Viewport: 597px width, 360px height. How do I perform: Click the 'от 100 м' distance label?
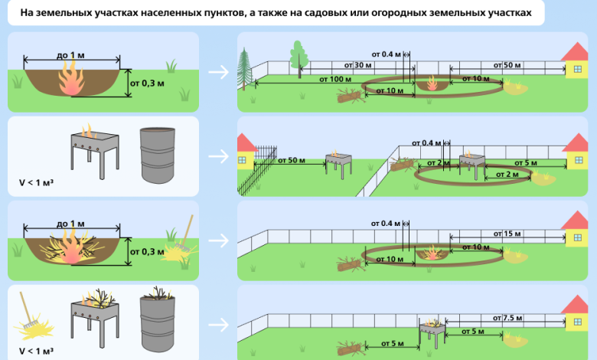click(x=335, y=79)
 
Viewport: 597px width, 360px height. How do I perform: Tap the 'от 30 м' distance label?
click(x=357, y=65)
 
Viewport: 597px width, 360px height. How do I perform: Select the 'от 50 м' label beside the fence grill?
click(x=292, y=160)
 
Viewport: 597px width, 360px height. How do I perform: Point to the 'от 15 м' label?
click(x=507, y=234)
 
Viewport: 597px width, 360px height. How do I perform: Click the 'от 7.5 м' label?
click(x=507, y=318)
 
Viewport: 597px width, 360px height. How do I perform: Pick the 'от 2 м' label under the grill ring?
click(x=507, y=175)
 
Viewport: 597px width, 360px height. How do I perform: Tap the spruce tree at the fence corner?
click(x=244, y=69)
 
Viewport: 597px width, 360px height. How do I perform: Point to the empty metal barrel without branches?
click(x=157, y=155)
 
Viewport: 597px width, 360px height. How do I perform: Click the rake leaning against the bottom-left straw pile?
click(x=27, y=310)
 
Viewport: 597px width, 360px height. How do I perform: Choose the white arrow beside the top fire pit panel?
click(x=219, y=72)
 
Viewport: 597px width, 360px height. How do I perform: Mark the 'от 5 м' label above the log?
click(x=392, y=343)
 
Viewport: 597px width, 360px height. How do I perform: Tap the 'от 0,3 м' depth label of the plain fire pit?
click(x=147, y=83)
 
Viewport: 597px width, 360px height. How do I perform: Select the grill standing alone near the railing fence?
click(x=338, y=164)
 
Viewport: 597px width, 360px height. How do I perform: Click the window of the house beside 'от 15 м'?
click(x=578, y=237)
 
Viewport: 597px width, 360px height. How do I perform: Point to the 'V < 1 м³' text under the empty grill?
click(x=36, y=182)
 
